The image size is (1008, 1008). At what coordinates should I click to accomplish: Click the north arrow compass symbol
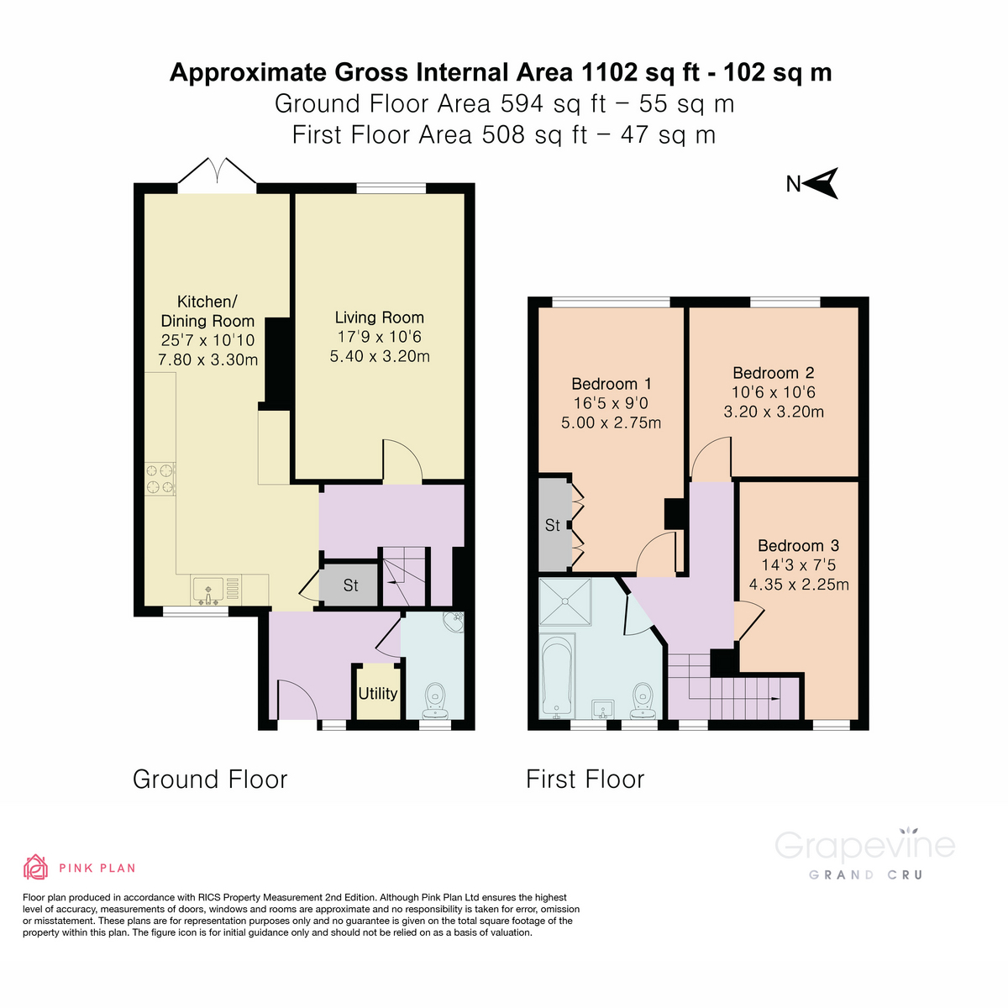[x=822, y=183]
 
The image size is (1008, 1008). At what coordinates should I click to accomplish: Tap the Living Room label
[x=379, y=318]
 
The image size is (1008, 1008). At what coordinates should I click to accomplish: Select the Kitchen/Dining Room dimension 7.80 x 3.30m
[x=207, y=360]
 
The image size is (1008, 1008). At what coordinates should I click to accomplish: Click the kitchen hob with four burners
[x=160, y=479]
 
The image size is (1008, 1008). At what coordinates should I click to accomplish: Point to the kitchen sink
[x=207, y=591]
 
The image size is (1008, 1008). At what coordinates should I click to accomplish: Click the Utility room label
[x=377, y=694]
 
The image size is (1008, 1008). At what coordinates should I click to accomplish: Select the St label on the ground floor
[x=350, y=585]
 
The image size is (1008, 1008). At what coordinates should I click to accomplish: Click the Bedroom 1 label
[x=611, y=384]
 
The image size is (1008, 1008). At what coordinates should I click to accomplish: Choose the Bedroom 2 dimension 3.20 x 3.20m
[x=774, y=412]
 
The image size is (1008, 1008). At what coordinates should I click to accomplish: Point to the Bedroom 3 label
[x=798, y=546]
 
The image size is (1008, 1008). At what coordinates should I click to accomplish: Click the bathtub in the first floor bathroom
[x=557, y=677]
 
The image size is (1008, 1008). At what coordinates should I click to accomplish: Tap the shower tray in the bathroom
[x=565, y=601]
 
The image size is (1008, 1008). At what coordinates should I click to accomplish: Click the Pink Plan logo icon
[x=35, y=867]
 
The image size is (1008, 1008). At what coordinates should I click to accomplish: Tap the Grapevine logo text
[x=864, y=845]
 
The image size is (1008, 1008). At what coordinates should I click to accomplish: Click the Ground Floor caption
[x=210, y=780]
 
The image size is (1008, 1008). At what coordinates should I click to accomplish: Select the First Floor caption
[x=585, y=780]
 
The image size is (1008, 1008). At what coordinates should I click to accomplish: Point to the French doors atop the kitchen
[x=217, y=172]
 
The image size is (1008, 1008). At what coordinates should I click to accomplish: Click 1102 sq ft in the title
[x=636, y=72]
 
